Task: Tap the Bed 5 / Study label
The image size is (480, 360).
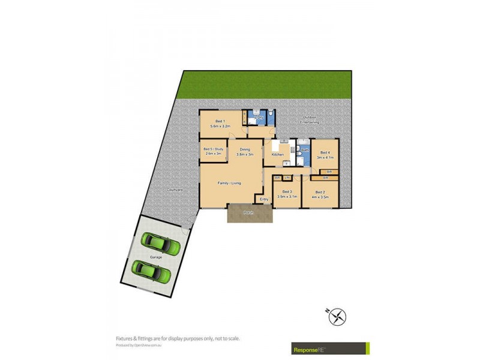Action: point(213,149)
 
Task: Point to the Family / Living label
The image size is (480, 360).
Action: point(229,182)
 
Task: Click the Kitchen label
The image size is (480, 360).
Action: point(277,155)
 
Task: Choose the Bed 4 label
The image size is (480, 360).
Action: point(325,152)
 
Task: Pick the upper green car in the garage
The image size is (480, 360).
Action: point(161,244)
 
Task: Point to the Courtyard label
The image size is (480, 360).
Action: point(175,190)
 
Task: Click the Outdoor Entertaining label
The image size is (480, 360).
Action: point(310,119)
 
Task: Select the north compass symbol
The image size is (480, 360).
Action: point(337,316)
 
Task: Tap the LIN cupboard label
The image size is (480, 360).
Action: point(287,178)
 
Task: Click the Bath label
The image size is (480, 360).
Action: point(304,149)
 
